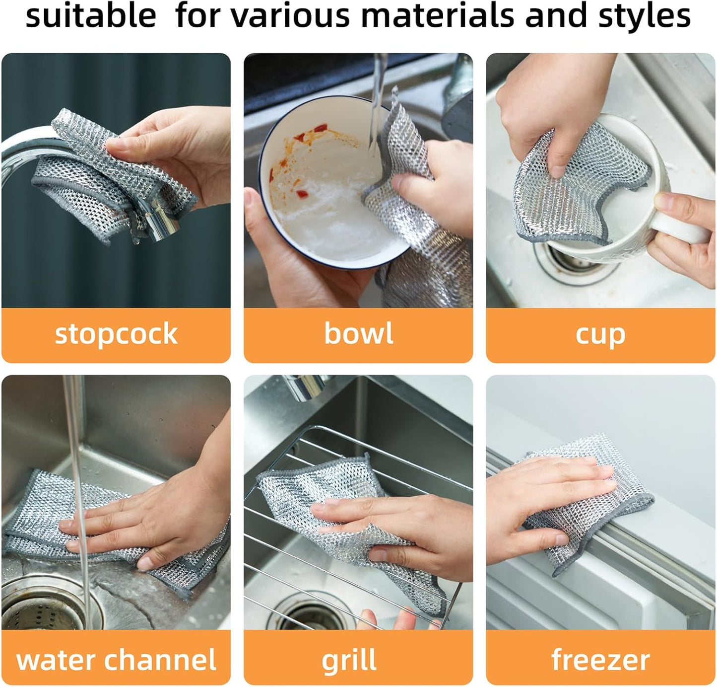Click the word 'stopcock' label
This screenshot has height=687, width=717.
pyautogui.click(x=116, y=334)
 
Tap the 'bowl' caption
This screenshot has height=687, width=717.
pyautogui.click(x=358, y=333)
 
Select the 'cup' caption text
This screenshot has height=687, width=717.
pyautogui.click(x=600, y=335)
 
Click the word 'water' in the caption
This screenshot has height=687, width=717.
pyautogui.click(x=56, y=660)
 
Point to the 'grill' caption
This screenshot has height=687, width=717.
pyautogui.click(x=349, y=661)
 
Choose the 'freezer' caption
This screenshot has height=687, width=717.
pyautogui.click(x=600, y=660)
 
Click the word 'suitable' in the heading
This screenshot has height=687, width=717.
pyautogui.click(x=91, y=16)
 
